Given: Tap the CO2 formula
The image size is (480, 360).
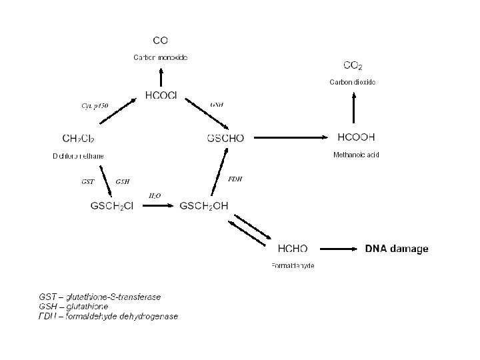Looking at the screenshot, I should coord(353,65).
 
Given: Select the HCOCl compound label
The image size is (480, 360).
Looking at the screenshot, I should coord(161,95).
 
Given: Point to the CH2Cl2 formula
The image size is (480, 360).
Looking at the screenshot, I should coord(78,139).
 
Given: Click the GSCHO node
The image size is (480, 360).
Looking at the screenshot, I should coord(226,139).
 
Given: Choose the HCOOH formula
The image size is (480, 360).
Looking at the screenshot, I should coord(357,137).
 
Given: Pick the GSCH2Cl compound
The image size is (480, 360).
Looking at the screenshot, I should coord(112,206).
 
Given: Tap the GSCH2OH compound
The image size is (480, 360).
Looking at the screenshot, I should coord(204,206).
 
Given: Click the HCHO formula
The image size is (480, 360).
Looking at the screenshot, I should coord(293,249).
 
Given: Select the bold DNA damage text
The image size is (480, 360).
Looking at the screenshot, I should coord(397,249).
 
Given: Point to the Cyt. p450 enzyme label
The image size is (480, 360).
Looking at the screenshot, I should coord(95,105).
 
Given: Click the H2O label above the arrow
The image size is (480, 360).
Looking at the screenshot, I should coord(154,195).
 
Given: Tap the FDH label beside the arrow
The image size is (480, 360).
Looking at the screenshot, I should coord(235,179).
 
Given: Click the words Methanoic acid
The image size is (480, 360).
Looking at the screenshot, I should coord(356,155).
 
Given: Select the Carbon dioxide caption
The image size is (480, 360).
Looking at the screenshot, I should coord(353,82).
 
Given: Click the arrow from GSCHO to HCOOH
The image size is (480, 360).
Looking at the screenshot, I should coord(291,138).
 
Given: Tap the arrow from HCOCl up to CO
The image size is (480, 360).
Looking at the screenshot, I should coord(161,73).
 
